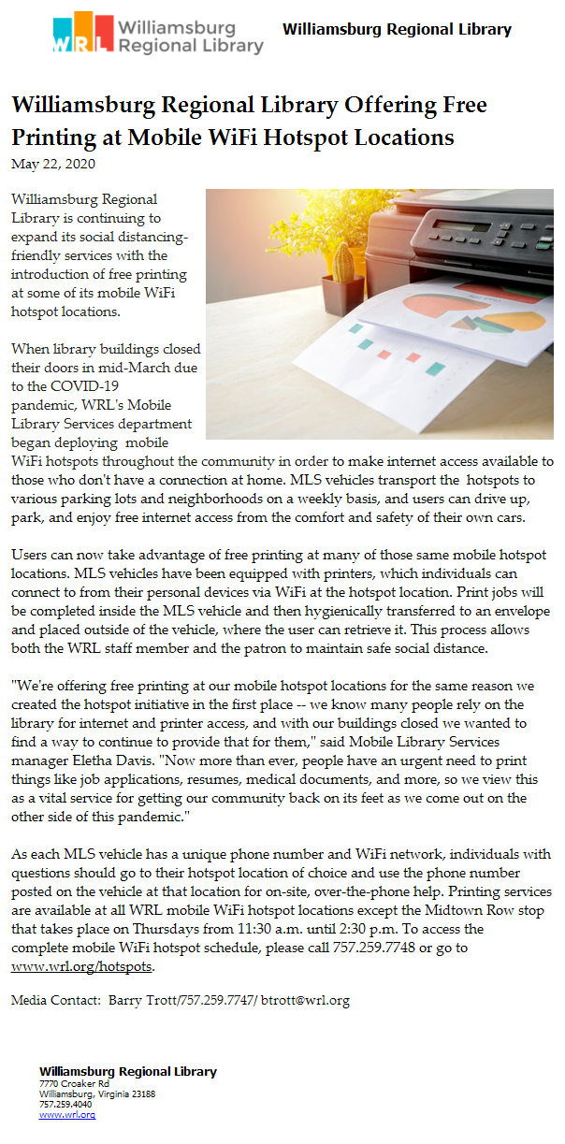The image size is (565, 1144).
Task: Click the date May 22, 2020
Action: tap(52, 164)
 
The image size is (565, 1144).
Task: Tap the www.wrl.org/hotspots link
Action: tap(67, 966)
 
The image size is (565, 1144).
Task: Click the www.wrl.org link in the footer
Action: tap(54, 1115)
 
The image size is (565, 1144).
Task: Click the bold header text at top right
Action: tap(397, 30)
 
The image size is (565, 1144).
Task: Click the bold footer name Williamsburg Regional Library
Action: tap(127, 1072)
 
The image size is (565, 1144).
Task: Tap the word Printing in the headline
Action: tap(53, 137)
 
